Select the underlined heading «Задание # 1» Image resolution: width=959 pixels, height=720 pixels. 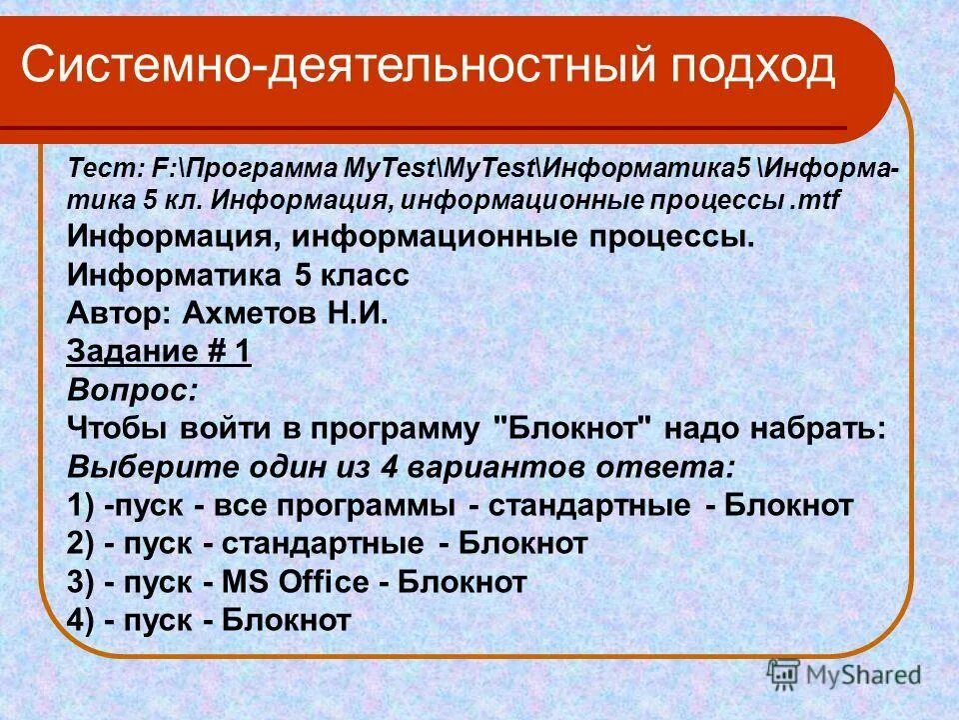pyautogui.click(x=159, y=352)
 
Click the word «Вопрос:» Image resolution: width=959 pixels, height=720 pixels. pyautogui.click(x=132, y=390)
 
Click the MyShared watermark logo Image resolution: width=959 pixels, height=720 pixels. pyautogui.click(x=844, y=675)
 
